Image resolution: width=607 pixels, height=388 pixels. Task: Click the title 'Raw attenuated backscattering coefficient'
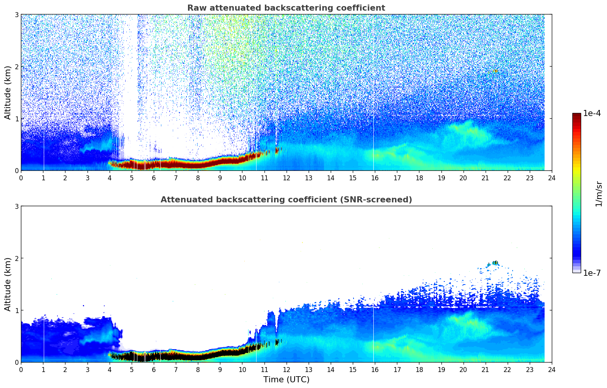(286, 8)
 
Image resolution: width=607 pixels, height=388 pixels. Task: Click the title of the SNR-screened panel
(286, 200)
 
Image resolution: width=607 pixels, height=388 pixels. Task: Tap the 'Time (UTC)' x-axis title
(286, 380)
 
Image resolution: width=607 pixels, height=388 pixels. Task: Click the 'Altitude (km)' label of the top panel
(8, 92)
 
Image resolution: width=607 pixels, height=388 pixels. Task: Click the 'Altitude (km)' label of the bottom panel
(8, 284)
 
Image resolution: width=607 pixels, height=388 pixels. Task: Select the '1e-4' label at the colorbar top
(592, 113)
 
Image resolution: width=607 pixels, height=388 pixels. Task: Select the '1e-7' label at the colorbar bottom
(592, 273)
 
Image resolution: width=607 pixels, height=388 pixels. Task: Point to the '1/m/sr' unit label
(599, 194)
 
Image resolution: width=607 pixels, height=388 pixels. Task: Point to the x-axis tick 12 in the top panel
(287, 178)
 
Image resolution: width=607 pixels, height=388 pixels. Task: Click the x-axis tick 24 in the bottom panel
(552, 369)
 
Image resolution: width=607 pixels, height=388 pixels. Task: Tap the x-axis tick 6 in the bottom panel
(154, 369)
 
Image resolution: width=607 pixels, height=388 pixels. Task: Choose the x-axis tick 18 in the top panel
(419, 178)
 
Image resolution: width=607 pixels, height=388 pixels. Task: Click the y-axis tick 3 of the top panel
(16, 14)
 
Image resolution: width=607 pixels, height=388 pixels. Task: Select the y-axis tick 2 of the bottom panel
(16, 258)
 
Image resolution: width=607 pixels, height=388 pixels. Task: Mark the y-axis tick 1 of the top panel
(16, 119)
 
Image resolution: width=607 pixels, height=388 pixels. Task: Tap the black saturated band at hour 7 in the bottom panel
(176, 357)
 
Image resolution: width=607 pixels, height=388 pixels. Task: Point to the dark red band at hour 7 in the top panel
(176, 164)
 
